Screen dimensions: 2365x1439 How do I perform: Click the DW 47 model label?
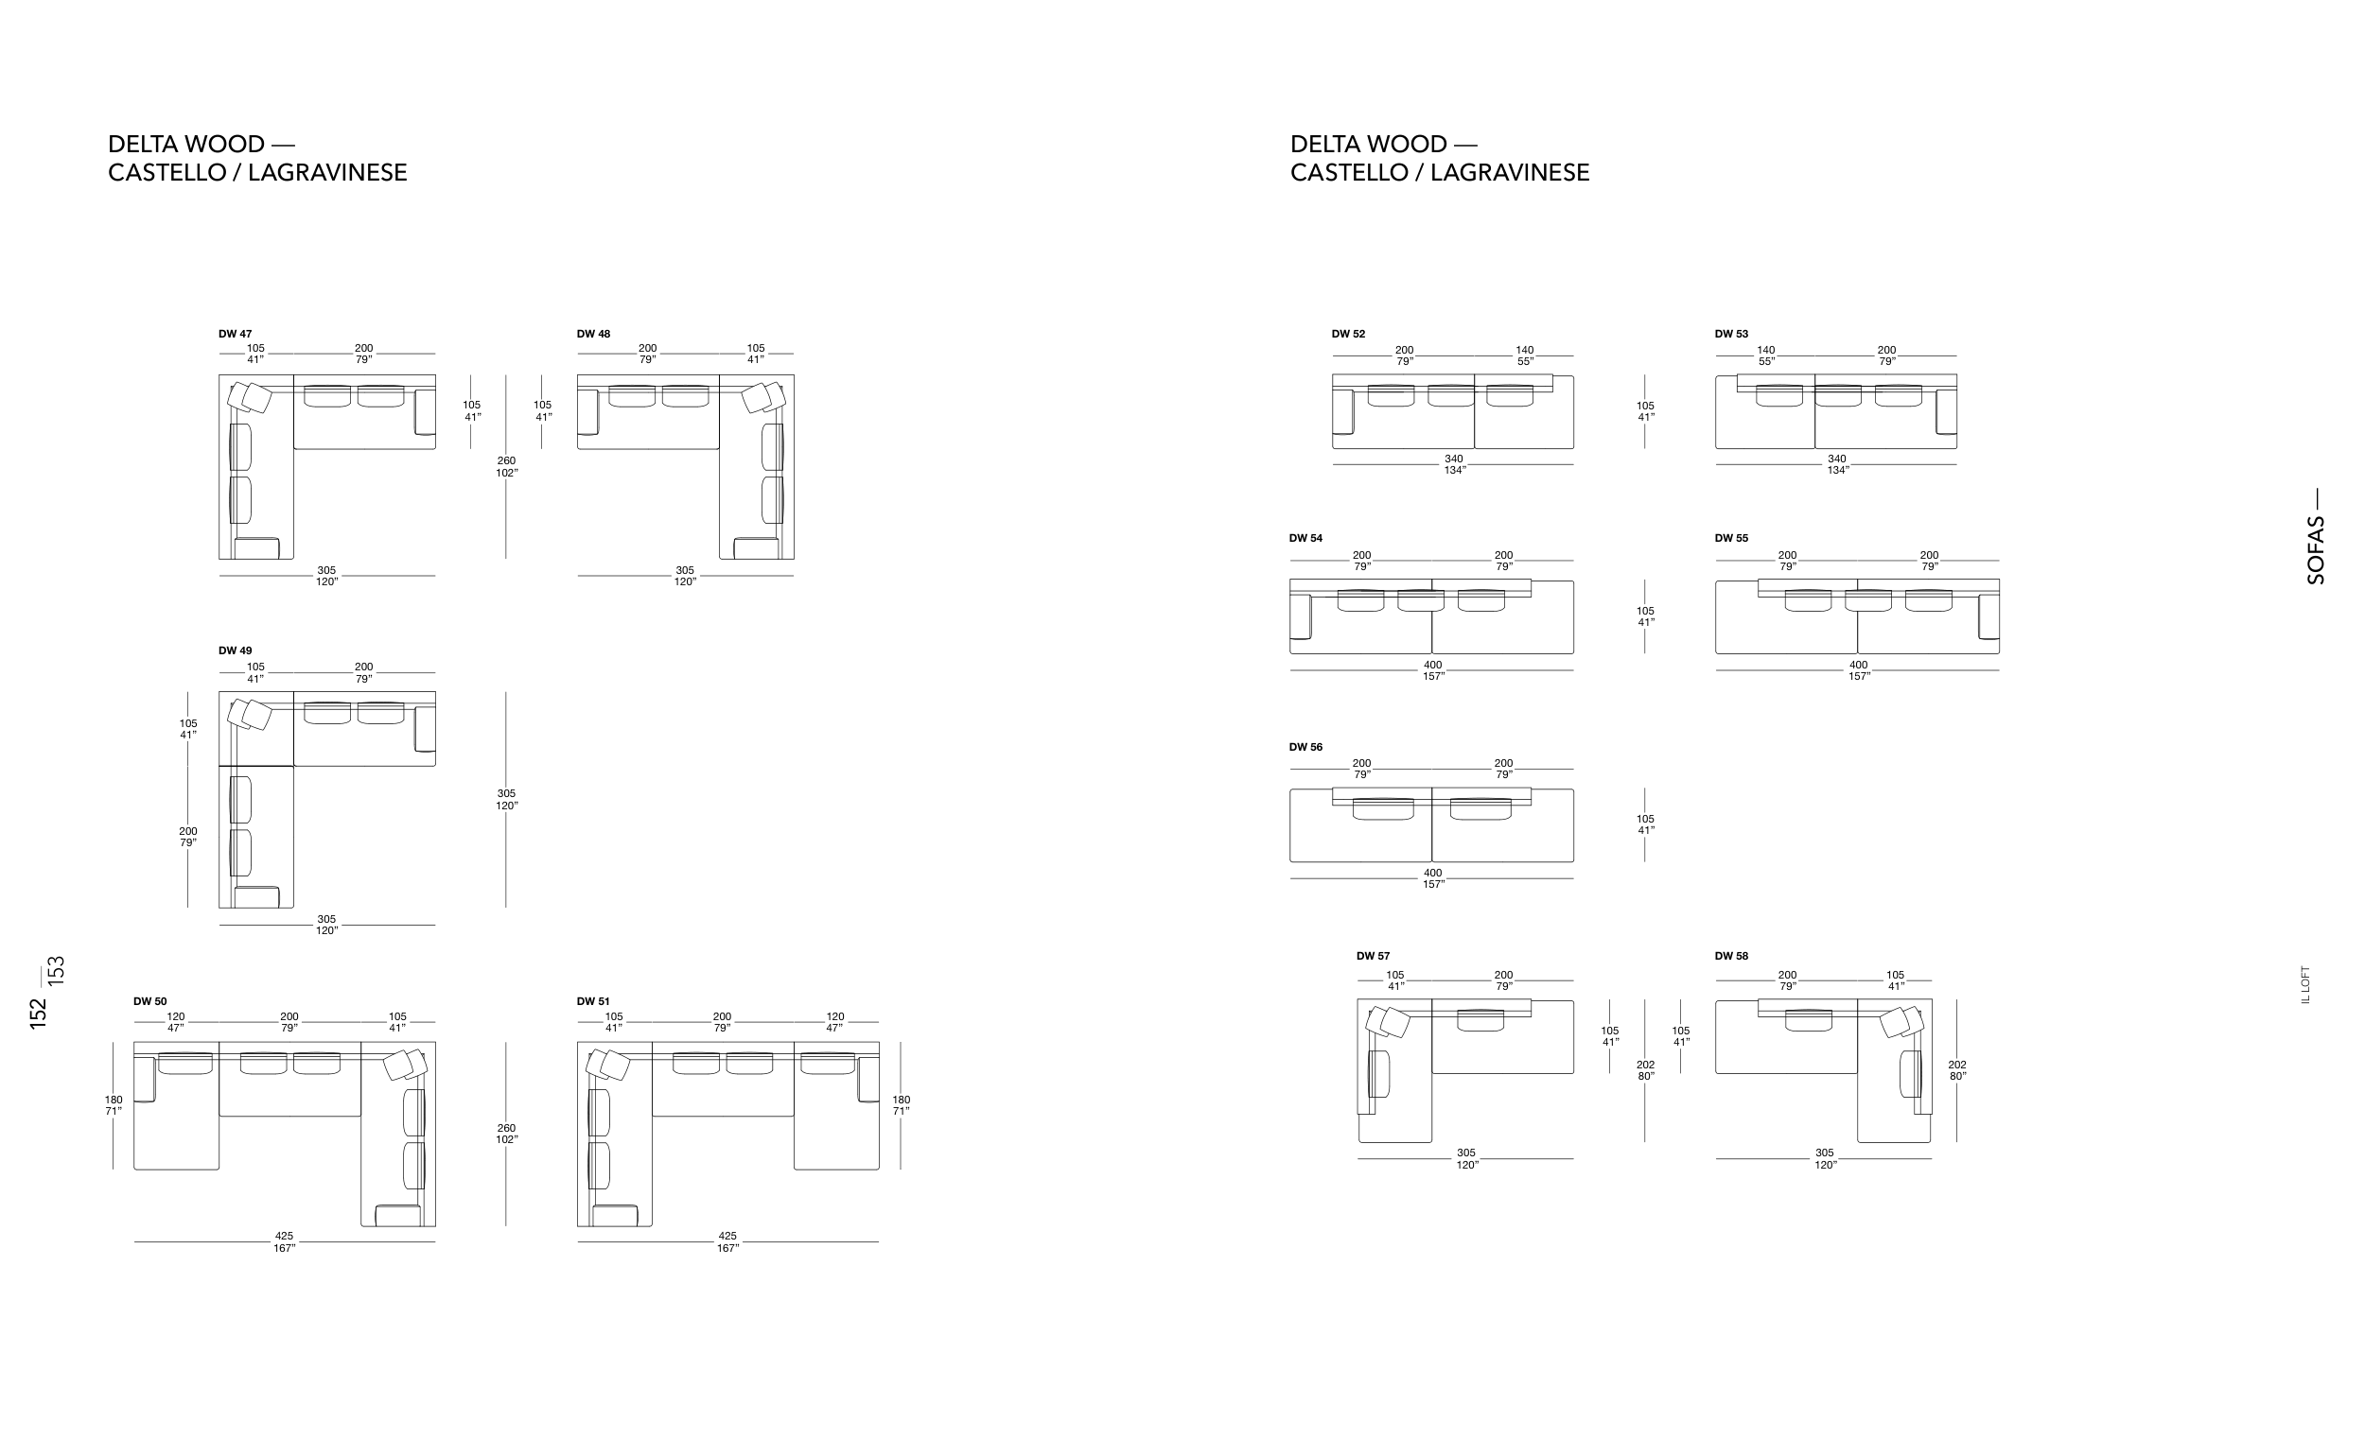(x=236, y=334)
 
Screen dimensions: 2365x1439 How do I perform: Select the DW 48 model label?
(x=593, y=334)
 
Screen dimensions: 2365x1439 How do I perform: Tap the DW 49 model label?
(x=236, y=650)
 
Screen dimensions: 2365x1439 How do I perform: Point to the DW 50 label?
(x=149, y=1001)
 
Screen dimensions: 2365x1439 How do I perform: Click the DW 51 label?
(x=593, y=1001)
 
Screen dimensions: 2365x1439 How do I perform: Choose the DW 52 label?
(x=1349, y=334)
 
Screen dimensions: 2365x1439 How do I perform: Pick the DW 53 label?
(x=1731, y=334)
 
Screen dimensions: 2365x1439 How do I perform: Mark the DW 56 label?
(x=1305, y=747)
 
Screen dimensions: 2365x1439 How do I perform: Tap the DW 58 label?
(x=1731, y=956)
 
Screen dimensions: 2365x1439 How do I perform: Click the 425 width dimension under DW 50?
(x=284, y=1237)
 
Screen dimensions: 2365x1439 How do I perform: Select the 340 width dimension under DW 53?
(x=1837, y=459)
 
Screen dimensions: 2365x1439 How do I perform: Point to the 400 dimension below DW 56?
(x=1433, y=873)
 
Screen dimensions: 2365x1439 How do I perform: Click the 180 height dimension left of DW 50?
(x=114, y=1101)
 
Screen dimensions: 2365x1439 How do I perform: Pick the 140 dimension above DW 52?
(x=1525, y=350)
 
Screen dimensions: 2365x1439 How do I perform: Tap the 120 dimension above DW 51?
(x=835, y=1017)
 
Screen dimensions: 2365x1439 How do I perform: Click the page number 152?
(x=39, y=1014)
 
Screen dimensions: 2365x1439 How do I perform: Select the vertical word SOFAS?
(x=2316, y=550)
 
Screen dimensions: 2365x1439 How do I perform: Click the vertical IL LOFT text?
(x=2305, y=984)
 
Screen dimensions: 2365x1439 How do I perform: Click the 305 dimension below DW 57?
(x=1466, y=1153)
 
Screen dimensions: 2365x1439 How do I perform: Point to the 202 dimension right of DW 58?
(x=1957, y=1065)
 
